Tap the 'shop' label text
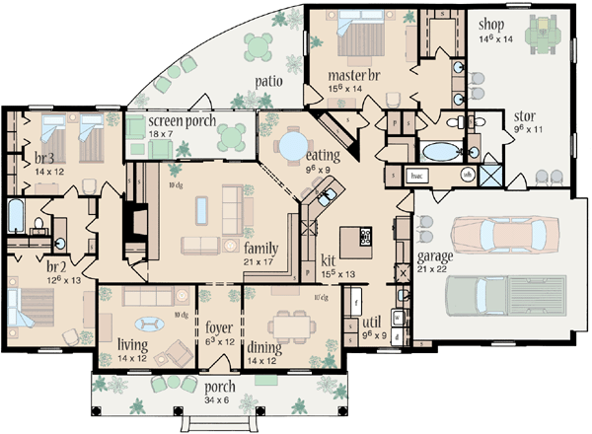pos(493,24)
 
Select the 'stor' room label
pos(524,114)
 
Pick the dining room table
pos(290,323)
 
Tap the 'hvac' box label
pos(416,175)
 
